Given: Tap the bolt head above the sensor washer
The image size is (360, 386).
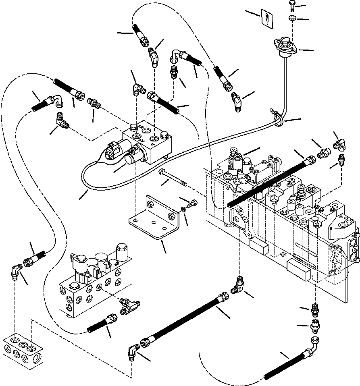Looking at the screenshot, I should coord(291,6).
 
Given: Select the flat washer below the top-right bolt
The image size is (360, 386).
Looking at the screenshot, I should coord(291,18).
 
